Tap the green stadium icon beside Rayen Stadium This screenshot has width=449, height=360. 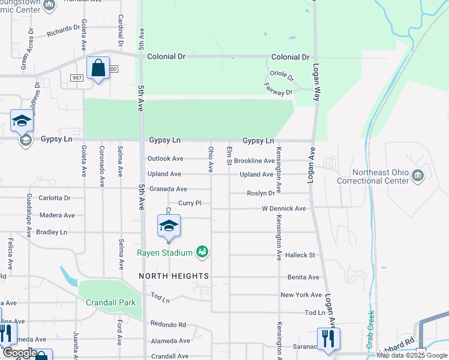pyautogui.click(x=203, y=252)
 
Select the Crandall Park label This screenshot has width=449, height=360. pyautogui.click(x=110, y=302)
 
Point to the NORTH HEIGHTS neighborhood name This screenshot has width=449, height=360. pyautogui.click(x=174, y=276)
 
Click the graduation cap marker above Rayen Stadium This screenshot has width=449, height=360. pyautogui.click(x=169, y=226)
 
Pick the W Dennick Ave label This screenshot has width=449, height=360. pyautogui.click(x=283, y=209)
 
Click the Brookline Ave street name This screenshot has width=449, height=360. pyautogui.click(x=254, y=161)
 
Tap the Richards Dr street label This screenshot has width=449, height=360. pyautogui.click(x=64, y=28)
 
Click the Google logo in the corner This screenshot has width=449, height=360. pyautogui.click(x=19, y=353)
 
